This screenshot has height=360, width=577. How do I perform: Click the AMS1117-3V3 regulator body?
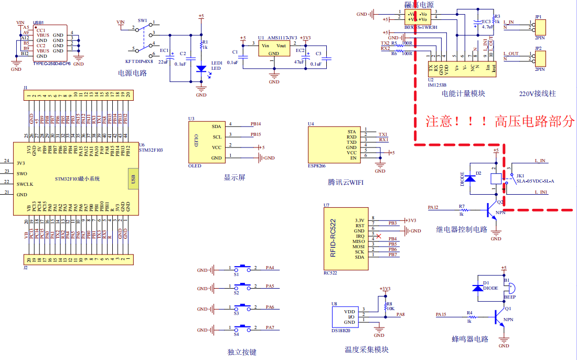click(x=273, y=49)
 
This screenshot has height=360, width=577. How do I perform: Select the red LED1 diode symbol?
click(x=201, y=69)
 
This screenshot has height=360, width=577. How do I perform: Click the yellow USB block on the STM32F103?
click(x=133, y=179)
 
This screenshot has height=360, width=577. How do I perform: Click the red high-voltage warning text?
click(x=500, y=122)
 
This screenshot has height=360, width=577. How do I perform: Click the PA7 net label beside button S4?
click(x=270, y=327)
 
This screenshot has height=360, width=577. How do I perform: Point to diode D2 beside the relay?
click(x=471, y=178)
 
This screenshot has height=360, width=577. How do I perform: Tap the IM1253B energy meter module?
click(x=462, y=69)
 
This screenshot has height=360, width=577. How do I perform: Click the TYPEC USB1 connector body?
click(x=49, y=42)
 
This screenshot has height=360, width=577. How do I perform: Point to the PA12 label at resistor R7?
click(x=433, y=207)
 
